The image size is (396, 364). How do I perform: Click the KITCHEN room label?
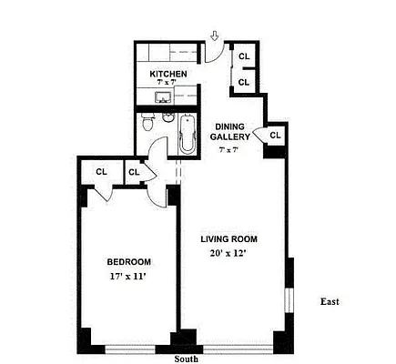[x=168, y=74]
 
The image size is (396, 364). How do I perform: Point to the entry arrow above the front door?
[x=214, y=36]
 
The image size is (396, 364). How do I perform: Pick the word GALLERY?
[x=229, y=137]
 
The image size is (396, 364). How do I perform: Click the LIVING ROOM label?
[x=231, y=239]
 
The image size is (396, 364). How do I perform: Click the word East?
[x=330, y=301]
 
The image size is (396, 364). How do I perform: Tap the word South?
[x=186, y=359]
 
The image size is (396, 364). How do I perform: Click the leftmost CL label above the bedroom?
[x=102, y=170]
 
